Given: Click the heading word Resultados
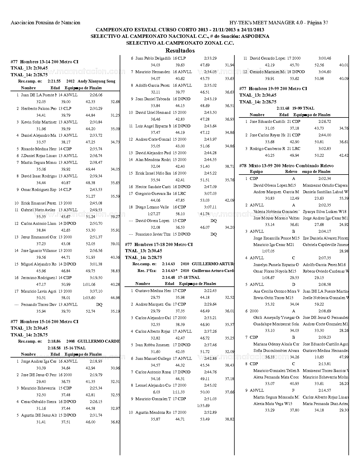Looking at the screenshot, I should [x=180, y=51].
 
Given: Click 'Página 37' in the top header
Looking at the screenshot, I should [x=317, y=23].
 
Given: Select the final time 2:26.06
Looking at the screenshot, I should [x=96, y=95].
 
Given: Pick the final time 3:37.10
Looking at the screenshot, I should [x=96, y=291].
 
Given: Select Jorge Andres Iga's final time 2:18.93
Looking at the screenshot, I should [x=96, y=361].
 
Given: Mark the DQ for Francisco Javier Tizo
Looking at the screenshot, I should [x=213, y=234].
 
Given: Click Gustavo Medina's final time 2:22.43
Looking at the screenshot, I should [x=210, y=291].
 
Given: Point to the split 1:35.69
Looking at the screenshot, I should [x=203, y=406].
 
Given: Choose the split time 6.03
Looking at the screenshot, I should [x=156, y=392].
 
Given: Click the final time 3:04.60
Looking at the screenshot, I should [x=325, y=72].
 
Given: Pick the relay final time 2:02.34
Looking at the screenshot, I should [x=325, y=178].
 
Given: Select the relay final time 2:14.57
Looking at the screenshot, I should [x=325, y=390].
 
